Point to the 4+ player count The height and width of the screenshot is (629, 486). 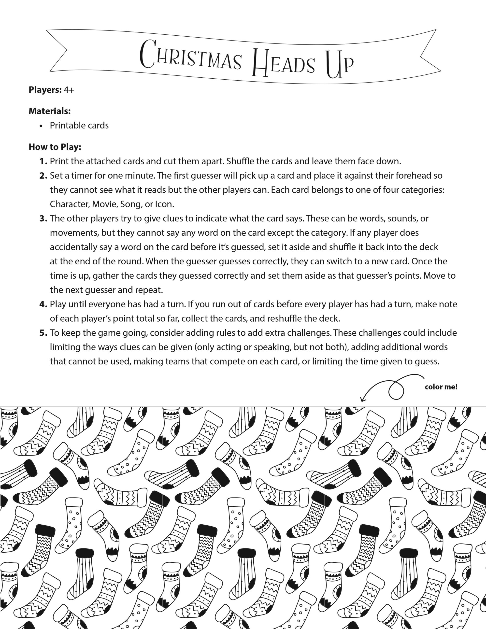click(69, 90)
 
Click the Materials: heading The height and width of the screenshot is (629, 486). click(50, 111)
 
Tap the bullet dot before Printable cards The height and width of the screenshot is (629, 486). click(42, 126)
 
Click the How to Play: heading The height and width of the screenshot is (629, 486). click(55, 147)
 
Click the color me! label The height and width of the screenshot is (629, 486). click(441, 387)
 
